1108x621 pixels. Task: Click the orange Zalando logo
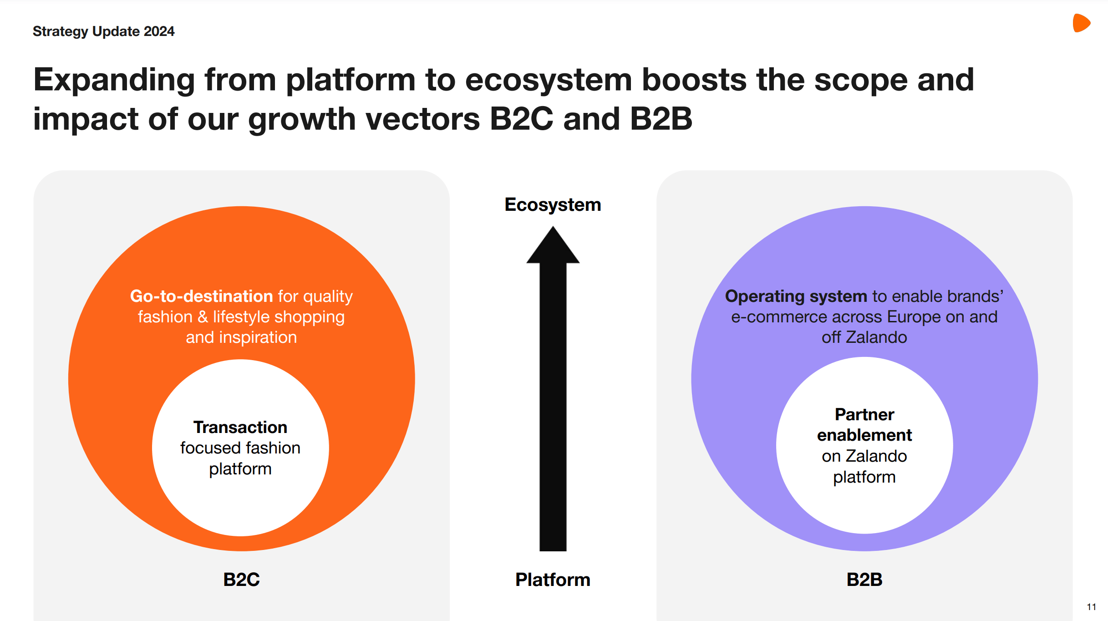(1081, 23)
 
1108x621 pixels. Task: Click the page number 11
(1091, 607)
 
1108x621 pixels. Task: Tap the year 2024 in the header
(159, 31)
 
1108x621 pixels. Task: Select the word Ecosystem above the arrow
(553, 205)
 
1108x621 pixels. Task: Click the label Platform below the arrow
(553, 580)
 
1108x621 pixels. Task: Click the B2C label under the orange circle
(241, 580)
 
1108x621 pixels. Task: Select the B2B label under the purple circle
(864, 580)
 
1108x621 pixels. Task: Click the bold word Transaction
(240, 428)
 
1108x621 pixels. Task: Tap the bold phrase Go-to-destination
(201, 296)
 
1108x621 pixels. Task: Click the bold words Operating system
(796, 296)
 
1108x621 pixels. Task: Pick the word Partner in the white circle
(864, 415)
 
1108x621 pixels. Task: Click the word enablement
(864, 435)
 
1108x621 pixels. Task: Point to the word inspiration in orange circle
(258, 337)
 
